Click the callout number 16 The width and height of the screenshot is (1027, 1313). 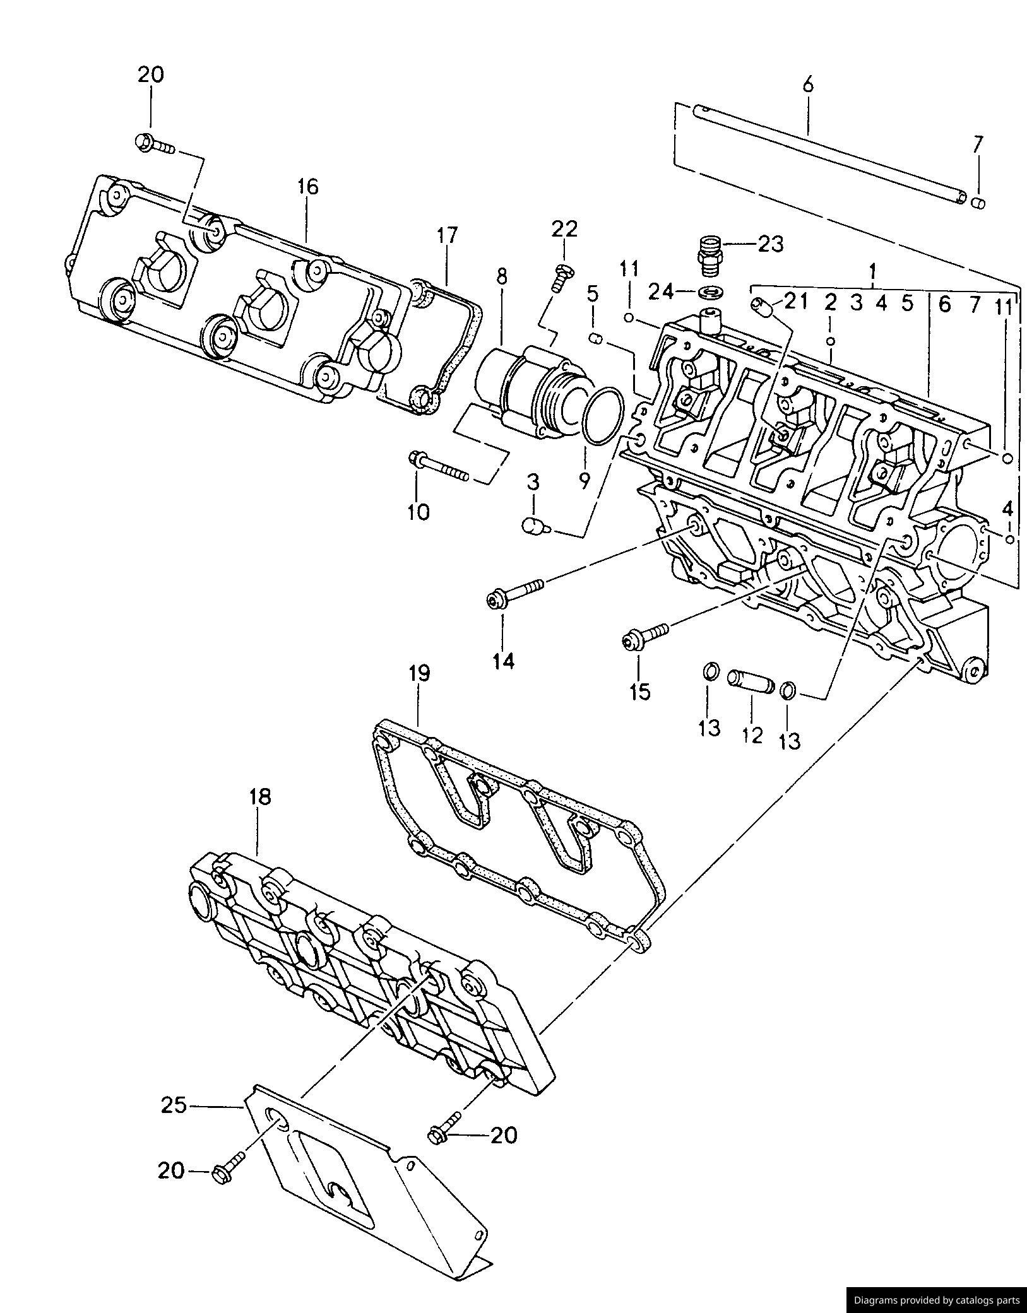coord(307,187)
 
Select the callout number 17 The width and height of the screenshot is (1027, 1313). coord(446,235)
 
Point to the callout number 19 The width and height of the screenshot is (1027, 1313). coord(419,673)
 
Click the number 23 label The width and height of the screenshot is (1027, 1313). coord(771,243)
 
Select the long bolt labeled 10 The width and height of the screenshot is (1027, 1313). coord(439,465)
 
